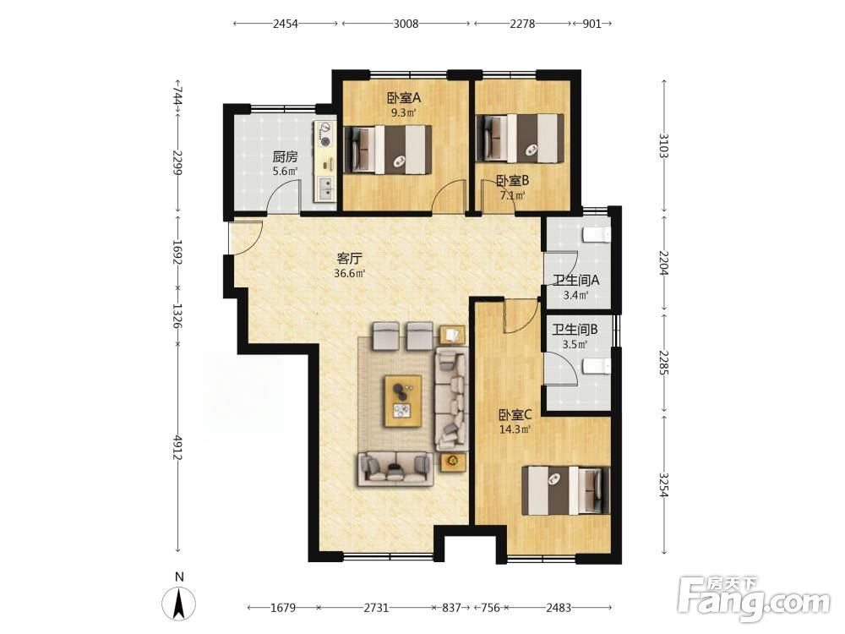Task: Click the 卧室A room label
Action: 403,98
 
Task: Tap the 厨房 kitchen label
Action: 285,157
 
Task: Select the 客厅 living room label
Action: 349,259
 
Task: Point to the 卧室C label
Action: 515,415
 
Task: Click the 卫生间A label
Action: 576,281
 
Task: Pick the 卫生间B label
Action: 575,330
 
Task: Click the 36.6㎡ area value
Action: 349,273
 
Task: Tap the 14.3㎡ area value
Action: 515,429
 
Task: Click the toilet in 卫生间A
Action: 597,235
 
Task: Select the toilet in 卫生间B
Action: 597,367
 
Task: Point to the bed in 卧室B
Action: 520,138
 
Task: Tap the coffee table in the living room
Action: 403,402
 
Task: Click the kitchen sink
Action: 325,189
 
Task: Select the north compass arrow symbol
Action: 179,604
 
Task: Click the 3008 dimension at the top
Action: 406,23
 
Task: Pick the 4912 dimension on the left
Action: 177,447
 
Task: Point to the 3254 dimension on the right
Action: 664,485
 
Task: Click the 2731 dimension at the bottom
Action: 376,608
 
